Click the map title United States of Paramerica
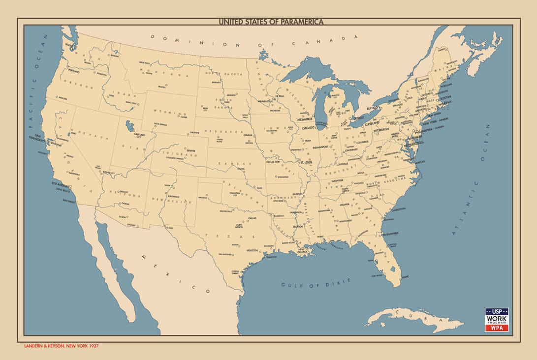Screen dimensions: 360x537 (x=271, y=22)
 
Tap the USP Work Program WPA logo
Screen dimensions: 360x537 (x=496, y=320)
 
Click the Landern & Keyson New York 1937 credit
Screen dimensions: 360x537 (x=62, y=346)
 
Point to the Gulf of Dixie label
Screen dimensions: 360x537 (x=316, y=283)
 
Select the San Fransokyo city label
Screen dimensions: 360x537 (x=39, y=138)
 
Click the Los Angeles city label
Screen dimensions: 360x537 (x=62, y=184)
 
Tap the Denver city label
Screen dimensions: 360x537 (x=190, y=151)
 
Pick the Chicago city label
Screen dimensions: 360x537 (x=308, y=128)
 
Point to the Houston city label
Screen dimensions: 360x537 (x=252, y=250)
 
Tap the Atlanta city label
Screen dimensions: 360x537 (x=345, y=205)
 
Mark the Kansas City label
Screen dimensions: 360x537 (x=273, y=162)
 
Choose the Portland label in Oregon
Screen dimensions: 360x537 (x=74, y=71)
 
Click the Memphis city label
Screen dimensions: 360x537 (x=297, y=194)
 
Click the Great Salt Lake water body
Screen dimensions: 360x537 (x=129, y=126)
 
